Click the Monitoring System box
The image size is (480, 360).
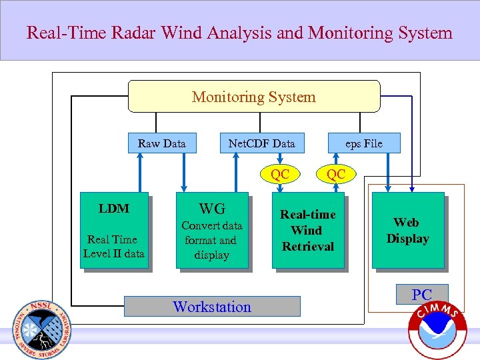coord(253,97)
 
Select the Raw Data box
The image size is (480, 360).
coord(162,143)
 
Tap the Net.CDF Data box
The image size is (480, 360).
coord(261,143)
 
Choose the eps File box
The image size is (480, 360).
coord(363,143)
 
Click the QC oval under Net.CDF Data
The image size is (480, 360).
coord(280,174)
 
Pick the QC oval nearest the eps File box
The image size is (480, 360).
coord(336,174)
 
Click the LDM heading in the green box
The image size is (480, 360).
coord(114,209)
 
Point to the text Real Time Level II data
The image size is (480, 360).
coord(114,246)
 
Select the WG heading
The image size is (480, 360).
coord(212,209)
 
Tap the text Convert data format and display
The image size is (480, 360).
coord(212,240)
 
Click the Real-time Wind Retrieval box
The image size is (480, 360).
coord(307,230)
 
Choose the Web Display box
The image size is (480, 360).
coord(407,230)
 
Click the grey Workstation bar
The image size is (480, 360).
coord(212,307)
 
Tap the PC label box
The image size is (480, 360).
coord(422,294)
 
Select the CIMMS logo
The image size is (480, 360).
coord(437,330)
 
